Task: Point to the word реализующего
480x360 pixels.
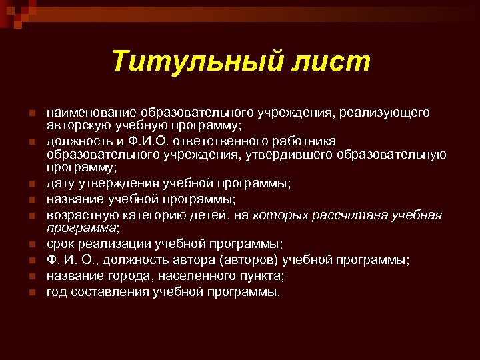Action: (x=384, y=113)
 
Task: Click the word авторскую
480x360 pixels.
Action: (x=74, y=125)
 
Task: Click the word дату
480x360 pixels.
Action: (x=59, y=183)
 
